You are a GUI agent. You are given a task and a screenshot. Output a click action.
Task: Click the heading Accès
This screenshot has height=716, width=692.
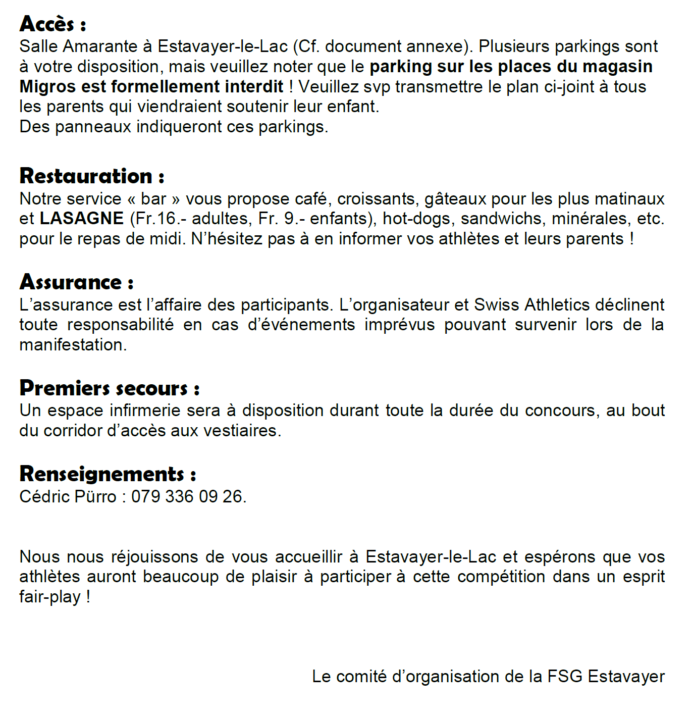pyautogui.click(x=52, y=24)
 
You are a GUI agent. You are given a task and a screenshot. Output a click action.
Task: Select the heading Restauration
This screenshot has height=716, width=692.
pyautogui.click(x=91, y=176)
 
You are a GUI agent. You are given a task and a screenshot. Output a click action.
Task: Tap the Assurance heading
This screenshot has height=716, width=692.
pyautogui.click(x=76, y=282)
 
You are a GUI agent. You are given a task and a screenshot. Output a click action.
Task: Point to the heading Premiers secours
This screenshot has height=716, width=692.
pyautogui.click(x=109, y=388)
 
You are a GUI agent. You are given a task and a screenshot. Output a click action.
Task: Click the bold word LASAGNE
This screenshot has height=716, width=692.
pyautogui.click(x=82, y=218)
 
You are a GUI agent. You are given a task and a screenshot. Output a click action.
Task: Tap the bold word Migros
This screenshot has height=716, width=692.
pyautogui.click(x=48, y=86)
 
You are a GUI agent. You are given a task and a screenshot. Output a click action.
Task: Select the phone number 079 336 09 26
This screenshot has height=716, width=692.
pyautogui.click(x=188, y=496)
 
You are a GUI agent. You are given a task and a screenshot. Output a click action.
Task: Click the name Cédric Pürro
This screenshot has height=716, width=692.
pyautogui.click(x=68, y=496)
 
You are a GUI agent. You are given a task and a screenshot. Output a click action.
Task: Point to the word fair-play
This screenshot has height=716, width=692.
pyautogui.click(x=50, y=597)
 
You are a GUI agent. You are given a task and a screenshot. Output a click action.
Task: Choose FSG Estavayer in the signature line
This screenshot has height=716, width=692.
pyautogui.click(x=606, y=676)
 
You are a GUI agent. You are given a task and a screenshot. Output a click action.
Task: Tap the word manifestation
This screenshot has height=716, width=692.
pyautogui.click(x=73, y=344)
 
